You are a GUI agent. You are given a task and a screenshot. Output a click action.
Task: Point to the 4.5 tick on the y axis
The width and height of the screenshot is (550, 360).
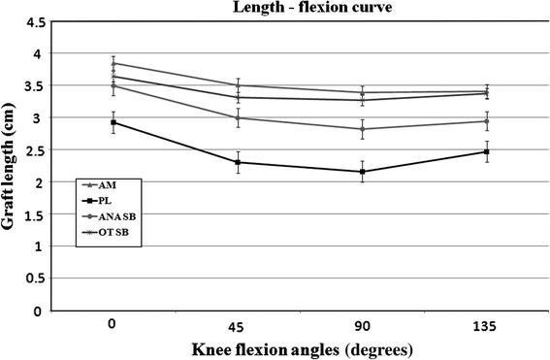(x=35, y=22)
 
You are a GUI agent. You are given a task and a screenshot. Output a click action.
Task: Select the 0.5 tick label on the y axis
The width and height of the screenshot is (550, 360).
(x=35, y=279)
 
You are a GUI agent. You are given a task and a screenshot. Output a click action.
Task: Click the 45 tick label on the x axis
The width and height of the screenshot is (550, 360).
(x=238, y=328)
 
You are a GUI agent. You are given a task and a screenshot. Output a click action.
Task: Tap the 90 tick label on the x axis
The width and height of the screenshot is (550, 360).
(x=363, y=328)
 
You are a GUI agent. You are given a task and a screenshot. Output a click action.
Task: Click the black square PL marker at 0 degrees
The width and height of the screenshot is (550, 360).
(x=113, y=122)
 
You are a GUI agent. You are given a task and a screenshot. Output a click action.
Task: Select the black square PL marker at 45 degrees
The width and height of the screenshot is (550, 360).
(x=238, y=162)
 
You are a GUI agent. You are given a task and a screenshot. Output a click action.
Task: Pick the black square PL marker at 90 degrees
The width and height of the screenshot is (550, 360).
(x=363, y=172)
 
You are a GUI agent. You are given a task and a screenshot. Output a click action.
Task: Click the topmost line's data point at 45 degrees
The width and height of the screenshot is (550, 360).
(x=238, y=85)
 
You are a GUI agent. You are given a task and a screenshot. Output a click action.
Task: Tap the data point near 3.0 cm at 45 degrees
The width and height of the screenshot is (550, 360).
(x=238, y=118)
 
